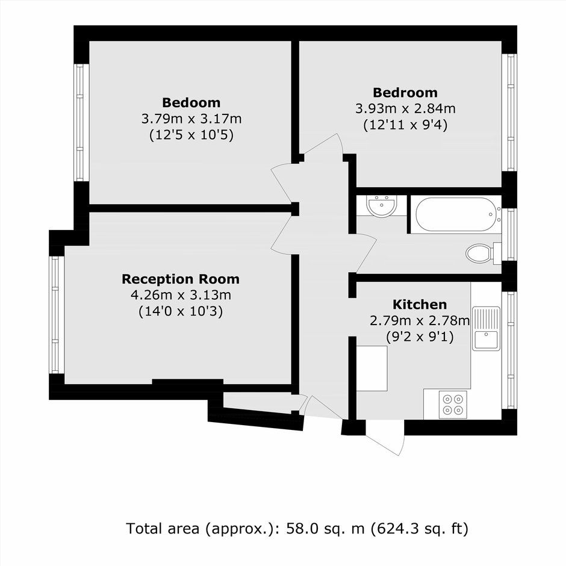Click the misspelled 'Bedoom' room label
tap(191, 103)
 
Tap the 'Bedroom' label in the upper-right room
tap(405, 93)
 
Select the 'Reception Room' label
tap(181, 279)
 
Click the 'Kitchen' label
tap(420, 305)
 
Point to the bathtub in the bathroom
tap(457, 214)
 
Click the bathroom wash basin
tap(382, 206)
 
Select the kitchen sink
tap(487, 329)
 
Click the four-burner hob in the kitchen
tap(453, 405)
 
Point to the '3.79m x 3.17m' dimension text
tap(191, 119)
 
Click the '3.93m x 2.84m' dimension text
tap(405, 108)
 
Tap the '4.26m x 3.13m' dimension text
tap(181, 295)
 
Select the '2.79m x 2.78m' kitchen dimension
tap(420, 320)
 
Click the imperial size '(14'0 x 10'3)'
tap(181, 311)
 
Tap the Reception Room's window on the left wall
tap(55, 315)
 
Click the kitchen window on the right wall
tap(509, 350)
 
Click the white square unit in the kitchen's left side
tap(372, 369)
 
